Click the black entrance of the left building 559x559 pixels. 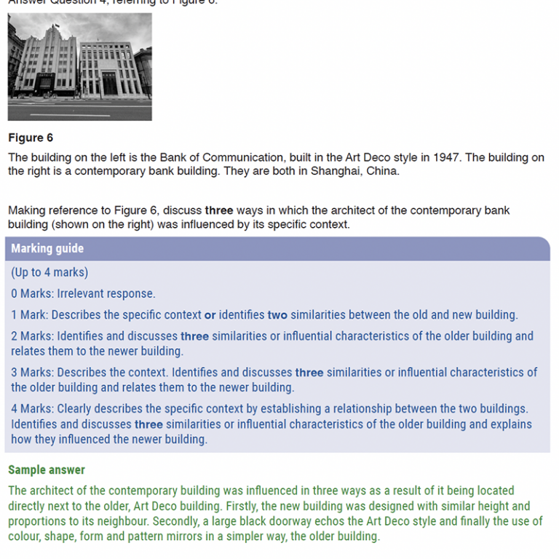coord(45,86)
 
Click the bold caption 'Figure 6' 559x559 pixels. coord(31,138)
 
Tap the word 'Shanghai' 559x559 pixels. coord(334,171)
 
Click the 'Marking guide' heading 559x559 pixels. coord(47,248)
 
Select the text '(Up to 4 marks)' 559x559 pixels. coord(49,272)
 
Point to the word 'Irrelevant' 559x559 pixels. coord(83,293)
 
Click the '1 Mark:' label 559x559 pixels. coord(29,315)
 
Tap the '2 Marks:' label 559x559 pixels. coord(32,336)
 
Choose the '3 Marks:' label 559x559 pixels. coord(32,373)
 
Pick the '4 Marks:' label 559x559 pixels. coord(32,409)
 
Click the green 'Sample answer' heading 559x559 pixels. coord(47,470)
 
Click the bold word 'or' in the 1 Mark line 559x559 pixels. coord(210,315)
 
